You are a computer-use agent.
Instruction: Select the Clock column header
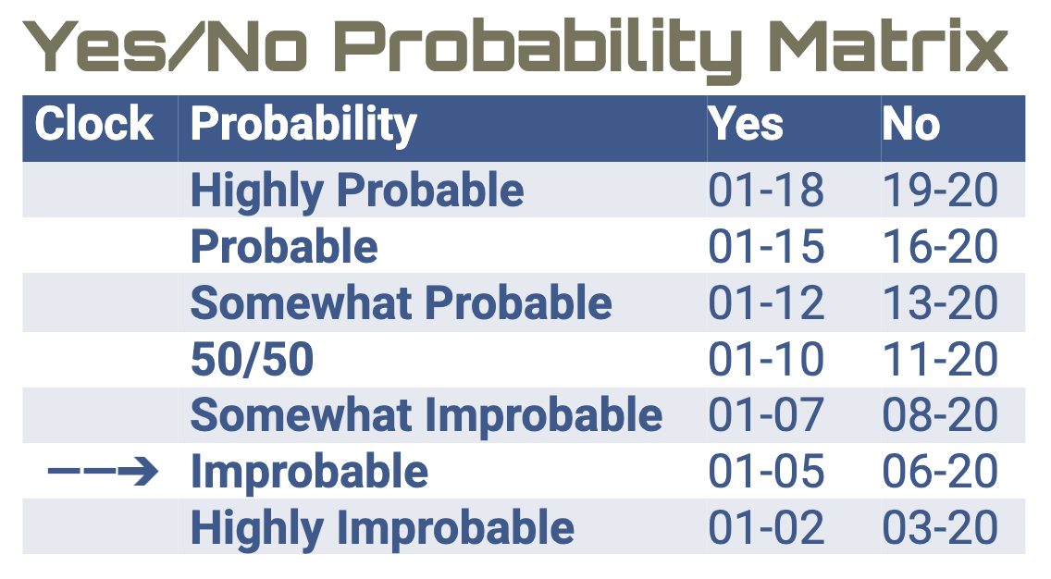pyautogui.click(x=94, y=124)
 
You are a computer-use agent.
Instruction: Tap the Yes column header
pyautogui.click(x=746, y=124)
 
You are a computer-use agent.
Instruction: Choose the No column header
pyautogui.click(x=910, y=124)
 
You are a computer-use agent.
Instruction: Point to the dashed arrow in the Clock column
pyautogui.click(x=103, y=473)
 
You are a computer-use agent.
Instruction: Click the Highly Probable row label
pyautogui.click(x=357, y=191)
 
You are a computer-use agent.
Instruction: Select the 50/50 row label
pyautogui.click(x=252, y=360)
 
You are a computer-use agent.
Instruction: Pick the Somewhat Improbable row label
pyautogui.click(x=426, y=416)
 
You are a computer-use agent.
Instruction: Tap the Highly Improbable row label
pyautogui.click(x=382, y=528)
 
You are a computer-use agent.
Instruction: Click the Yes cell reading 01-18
pyautogui.click(x=766, y=191)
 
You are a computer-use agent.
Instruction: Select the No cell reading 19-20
pyautogui.click(x=940, y=191)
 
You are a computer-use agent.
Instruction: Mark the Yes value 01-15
pyautogui.click(x=766, y=247)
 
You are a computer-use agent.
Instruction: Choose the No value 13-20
pyautogui.click(x=940, y=303)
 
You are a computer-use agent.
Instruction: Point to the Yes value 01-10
pyautogui.click(x=766, y=360)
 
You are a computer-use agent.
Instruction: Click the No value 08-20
pyautogui.click(x=940, y=416)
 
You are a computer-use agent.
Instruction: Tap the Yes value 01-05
pyautogui.click(x=766, y=473)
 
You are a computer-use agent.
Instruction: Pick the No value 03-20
pyautogui.click(x=940, y=528)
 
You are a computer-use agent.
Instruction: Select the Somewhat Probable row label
pyautogui.click(x=401, y=303)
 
